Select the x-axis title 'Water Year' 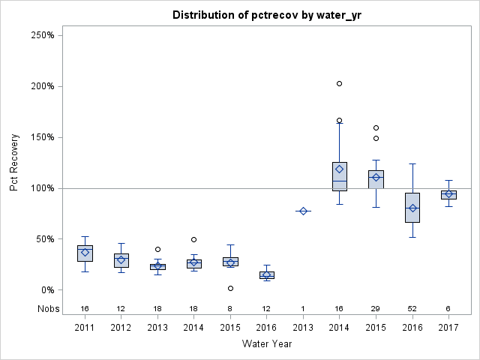266,343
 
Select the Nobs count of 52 412,308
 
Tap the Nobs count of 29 376,308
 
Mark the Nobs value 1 303,308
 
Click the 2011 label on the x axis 85,328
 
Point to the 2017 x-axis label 448,328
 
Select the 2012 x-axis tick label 121,328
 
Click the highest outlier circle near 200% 339,83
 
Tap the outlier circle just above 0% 230,288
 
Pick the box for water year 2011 85,253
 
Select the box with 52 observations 412,208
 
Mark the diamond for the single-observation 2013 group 303,211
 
